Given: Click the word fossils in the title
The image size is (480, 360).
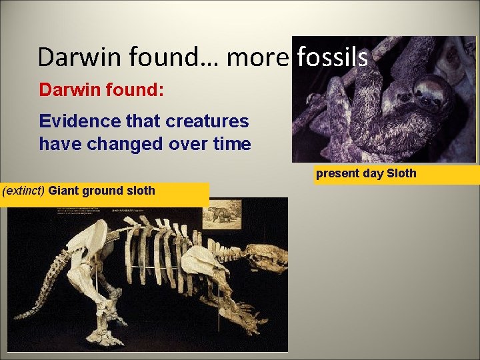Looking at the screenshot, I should tap(332, 57).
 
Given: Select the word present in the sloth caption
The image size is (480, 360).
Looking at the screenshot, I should tap(338, 174).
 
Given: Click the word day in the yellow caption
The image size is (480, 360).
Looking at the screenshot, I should tap(373, 174).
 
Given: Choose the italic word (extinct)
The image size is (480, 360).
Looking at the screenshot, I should tap(25, 191).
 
